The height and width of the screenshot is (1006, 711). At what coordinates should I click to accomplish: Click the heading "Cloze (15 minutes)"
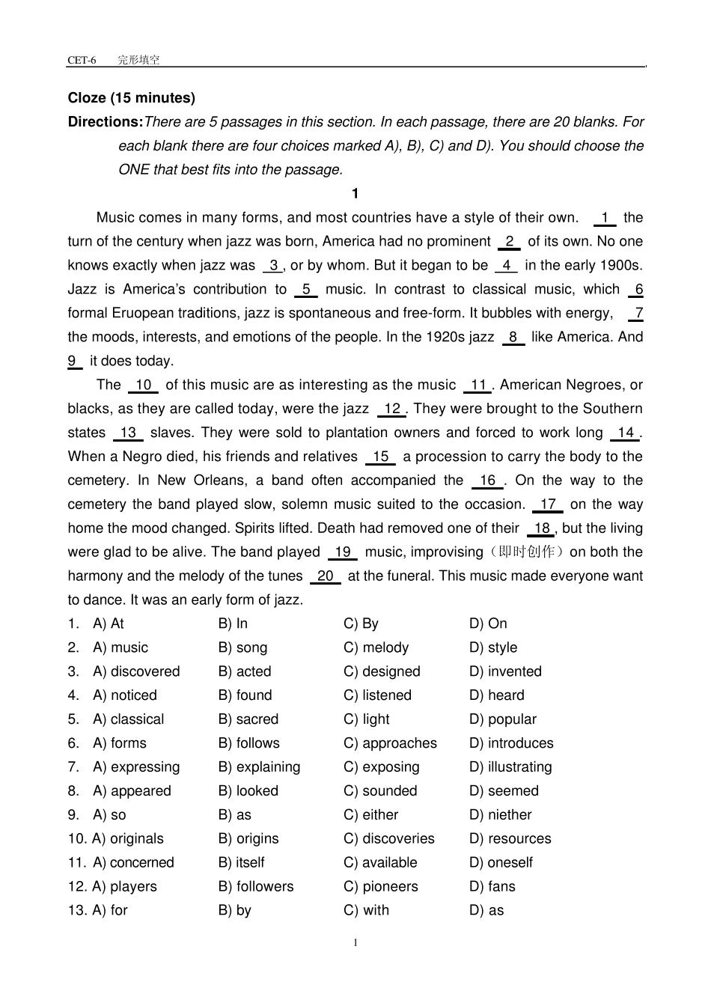pyautogui.click(x=131, y=98)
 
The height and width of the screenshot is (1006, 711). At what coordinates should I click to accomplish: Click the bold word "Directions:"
pyautogui.click(x=105, y=122)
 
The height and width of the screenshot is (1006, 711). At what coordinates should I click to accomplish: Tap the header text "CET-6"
pyautogui.click(x=82, y=60)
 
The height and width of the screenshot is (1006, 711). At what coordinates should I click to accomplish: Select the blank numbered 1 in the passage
pyautogui.click(x=604, y=218)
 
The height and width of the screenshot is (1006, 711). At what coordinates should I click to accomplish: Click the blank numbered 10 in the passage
pyautogui.click(x=143, y=385)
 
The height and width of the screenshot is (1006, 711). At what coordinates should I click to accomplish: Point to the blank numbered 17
pyautogui.click(x=548, y=505)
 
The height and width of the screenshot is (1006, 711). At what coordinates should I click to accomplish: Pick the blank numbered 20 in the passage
pyautogui.click(x=326, y=576)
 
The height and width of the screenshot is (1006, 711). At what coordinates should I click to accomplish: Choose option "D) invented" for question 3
pyautogui.click(x=505, y=672)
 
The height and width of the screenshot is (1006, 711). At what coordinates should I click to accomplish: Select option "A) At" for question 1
pyautogui.click(x=109, y=624)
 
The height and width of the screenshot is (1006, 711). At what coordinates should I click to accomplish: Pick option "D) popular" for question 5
pyautogui.click(x=503, y=720)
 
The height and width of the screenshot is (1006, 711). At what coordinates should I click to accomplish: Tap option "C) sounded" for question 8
pyautogui.click(x=380, y=792)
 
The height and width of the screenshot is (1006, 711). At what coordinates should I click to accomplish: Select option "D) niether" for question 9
pyautogui.click(x=500, y=816)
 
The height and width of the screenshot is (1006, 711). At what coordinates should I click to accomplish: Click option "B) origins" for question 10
pyautogui.click(x=248, y=840)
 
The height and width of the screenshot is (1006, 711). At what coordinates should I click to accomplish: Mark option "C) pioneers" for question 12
pyautogui.click(x=381, y=888)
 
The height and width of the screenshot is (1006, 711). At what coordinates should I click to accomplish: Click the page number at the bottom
pyautogui.click(x=355, y=943)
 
